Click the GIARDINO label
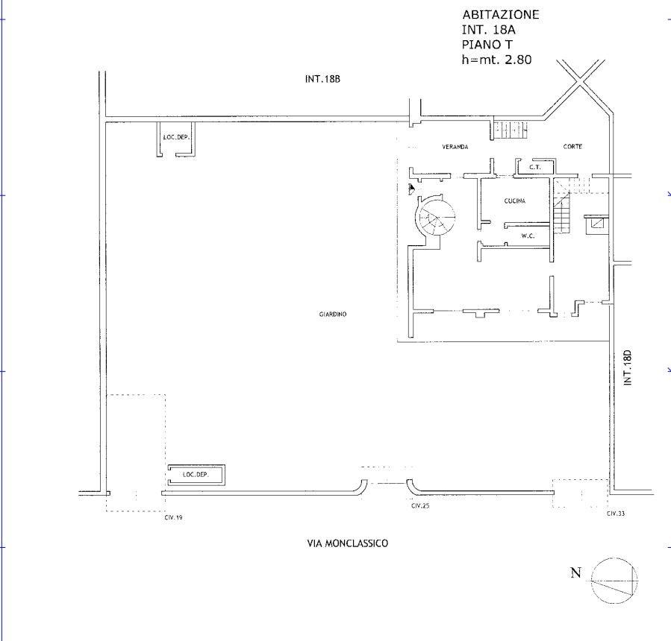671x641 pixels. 332,314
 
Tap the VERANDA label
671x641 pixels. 455,147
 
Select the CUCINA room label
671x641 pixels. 515,200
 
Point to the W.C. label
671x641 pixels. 528,236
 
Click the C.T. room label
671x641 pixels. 535,167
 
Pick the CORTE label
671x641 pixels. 572,147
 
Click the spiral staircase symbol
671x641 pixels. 437,216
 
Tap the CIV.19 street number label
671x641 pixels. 173,517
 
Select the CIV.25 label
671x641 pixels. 420,506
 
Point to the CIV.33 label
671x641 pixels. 616,514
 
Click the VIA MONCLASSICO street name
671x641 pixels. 348,543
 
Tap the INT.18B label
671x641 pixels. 322,79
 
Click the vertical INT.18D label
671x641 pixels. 628,368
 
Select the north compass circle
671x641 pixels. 614,581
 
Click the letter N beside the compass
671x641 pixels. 576,572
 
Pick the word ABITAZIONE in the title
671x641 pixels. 500,14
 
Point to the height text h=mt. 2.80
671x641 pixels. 496,60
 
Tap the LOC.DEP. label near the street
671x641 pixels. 196,475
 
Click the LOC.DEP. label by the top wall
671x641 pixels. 176,138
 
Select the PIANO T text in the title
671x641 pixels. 487,45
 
